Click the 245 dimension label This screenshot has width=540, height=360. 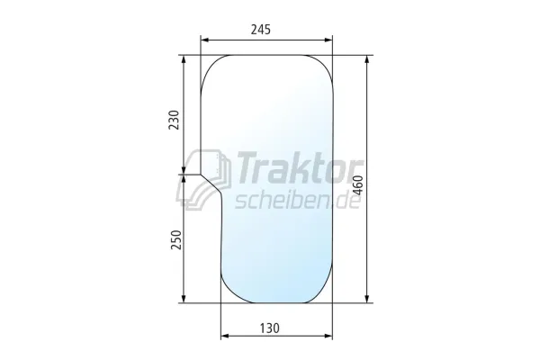click(261, 30)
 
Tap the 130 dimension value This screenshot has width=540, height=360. click(269, 328)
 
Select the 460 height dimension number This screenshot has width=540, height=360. click(358, 185)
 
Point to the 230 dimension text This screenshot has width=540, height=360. click(175, 120)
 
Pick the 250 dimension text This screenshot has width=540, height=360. click(175, 239)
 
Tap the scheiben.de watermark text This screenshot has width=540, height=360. click(298, 200)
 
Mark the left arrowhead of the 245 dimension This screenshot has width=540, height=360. click(205, 40)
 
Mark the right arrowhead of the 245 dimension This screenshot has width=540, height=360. click(328, 40)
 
